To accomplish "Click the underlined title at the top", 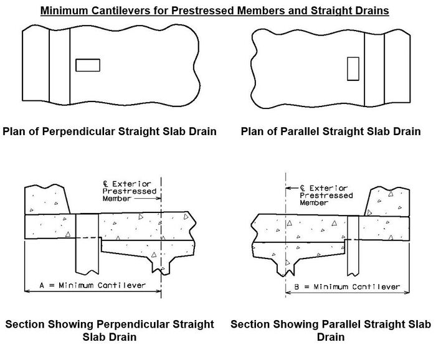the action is [x=215, y=11].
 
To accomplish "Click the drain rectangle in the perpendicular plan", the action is [x=88, y=65].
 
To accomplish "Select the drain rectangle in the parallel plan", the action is [x=353, y=69].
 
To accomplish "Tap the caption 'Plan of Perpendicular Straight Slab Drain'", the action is [x=110, y=131].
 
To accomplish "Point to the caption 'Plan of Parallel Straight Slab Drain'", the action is [x=331, y=131].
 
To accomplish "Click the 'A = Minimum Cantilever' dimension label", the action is [x=93, y=285].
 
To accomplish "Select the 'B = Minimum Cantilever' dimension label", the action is [x=347, y=287].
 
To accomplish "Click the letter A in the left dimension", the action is [x=42, y=285].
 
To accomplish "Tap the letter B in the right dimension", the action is [x=296, y=287].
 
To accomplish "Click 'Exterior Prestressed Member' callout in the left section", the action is [x=130, y=191].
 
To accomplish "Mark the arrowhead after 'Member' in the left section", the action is [x=159, y=198].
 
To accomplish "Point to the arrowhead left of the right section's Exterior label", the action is [x=288, y=188].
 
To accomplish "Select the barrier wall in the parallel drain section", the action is [x=387, y=202].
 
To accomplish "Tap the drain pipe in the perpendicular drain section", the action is [x=87, y=244].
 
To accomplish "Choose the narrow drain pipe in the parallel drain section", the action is [x=353, y=246].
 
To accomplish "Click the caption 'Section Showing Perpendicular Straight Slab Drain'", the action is [x=110, y=331].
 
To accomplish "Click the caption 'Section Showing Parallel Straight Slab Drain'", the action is [x=331, y=331].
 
